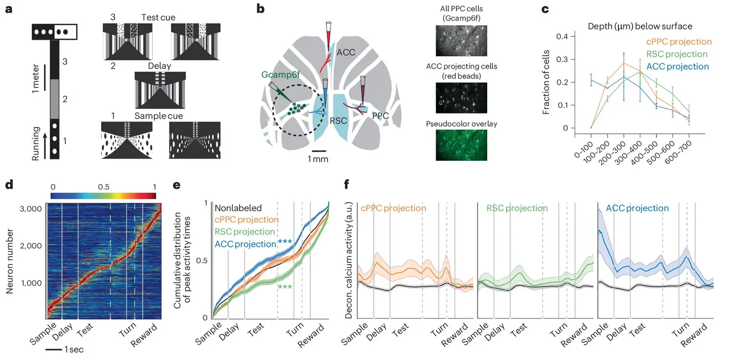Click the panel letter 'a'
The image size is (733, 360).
9,9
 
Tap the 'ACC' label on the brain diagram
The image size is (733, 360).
346,52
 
